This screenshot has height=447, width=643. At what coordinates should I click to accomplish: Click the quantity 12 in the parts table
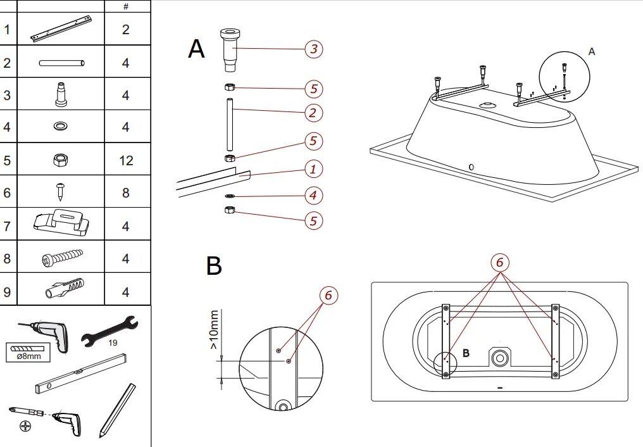126,160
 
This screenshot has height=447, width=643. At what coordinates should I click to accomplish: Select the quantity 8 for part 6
126,192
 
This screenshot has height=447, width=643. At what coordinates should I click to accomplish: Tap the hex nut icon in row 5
61,160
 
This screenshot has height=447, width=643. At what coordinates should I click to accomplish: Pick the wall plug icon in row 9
64,289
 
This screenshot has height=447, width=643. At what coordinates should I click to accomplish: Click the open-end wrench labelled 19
110,331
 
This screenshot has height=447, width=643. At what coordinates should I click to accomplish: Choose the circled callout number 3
313,49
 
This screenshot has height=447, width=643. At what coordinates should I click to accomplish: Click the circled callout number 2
313,113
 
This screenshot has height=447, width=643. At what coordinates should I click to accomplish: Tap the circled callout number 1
313,169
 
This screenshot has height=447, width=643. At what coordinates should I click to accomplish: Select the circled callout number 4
313,196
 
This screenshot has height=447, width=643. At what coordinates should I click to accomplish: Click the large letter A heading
196,49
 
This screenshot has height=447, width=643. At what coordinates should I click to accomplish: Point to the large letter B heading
214,266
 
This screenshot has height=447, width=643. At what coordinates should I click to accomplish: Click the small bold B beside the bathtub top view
466,353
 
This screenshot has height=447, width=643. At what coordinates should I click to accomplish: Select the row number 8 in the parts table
7,258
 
